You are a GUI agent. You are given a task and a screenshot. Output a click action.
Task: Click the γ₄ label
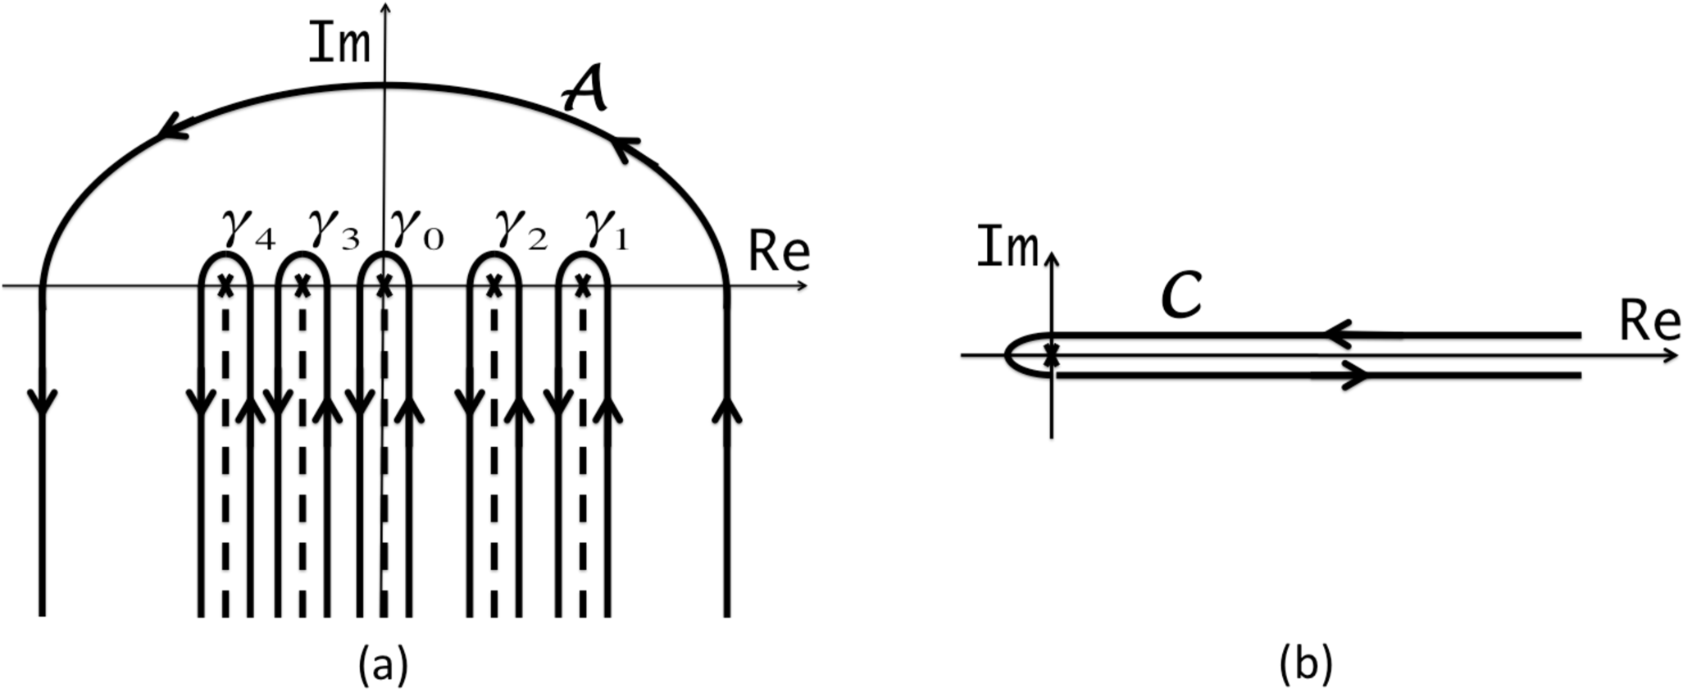pyautogui.click(x=248, y=230)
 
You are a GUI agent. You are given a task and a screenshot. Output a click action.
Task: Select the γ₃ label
pyautogui.click(x=334, y=230)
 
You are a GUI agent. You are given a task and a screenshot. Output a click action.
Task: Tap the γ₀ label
pyautogui.click(x=416, y=230)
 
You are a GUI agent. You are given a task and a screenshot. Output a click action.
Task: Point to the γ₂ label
pyautogui.click(x=521, y=230)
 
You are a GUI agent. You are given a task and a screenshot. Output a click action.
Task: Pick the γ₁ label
pyautogui.click(x=607, y=230)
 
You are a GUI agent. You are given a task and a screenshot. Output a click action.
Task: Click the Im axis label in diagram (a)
pyautogui.click(x=339, y=45)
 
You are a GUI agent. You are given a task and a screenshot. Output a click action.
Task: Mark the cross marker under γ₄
pyautogui.click(x=226, y=286)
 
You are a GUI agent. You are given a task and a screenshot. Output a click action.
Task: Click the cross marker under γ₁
pyautogui.click(x=583, y=286)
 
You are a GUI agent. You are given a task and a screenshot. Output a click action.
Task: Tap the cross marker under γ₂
pyautogui.click(x=494, y=286)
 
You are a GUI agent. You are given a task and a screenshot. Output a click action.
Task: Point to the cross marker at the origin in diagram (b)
pyautogui.click(x=1053, y=356)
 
